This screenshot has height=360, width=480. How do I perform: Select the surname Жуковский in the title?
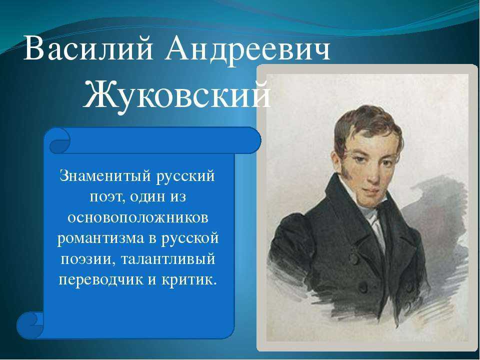coord(177,95)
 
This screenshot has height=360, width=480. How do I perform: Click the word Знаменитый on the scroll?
coord(106,176)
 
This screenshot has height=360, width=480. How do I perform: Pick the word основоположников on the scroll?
coord(138,218)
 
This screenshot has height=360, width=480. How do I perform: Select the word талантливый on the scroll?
coord(168,259)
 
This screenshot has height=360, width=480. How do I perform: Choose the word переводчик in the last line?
coord(101,280)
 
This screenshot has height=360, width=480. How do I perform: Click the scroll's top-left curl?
coord(59,140)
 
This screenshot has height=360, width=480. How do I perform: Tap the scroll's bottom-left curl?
coord(30,325)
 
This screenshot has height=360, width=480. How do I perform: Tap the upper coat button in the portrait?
coord(354,259)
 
